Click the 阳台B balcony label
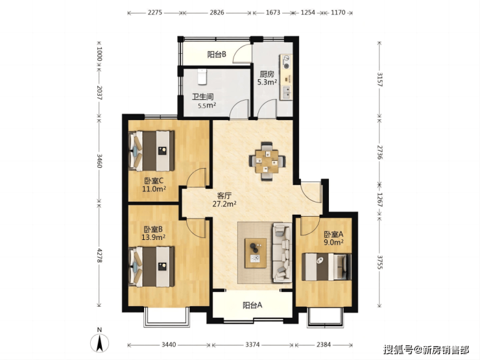tap(217, 54)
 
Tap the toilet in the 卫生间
tap(202, 77)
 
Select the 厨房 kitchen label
tap(267, 74)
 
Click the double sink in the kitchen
tap(286, 93)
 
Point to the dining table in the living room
tap(267, 161)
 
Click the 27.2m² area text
tap(224, 204)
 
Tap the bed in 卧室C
tap(152, 151)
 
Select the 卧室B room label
tap(153, 229)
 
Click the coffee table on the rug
tap(256, 253)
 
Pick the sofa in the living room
tap(282, 252)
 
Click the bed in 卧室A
tap(326, 267)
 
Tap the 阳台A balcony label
tap(252, 306)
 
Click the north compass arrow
tap(99, 343)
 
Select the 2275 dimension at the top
tap(154, 13)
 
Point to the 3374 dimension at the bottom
tap(252, 345)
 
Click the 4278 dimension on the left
tap(99, 256)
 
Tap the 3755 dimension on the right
tap(379, 262)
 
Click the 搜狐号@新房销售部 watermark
tap(426, 349)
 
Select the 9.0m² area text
tap(333, 242)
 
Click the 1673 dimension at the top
tap(272, 13)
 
